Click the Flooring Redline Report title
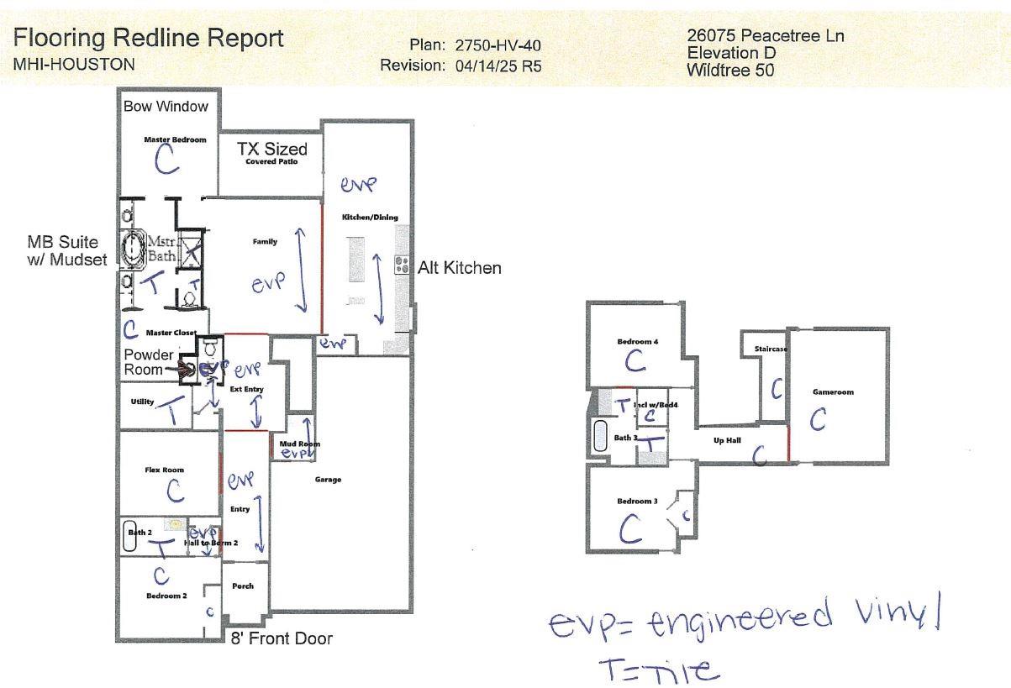pyautogui.click(x=149, y=39)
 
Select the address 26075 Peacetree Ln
pyautogui.click(x=765, y=35)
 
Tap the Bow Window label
pyautogui.click(x=166, y=107)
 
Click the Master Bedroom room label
pyautogui.click(x=175, y=139)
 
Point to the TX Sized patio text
pyautogui.click(x=271, y=149)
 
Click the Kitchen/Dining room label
pyautogui.click(x=370, y=218)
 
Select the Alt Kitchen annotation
pyautogui.click(x=460, y=268)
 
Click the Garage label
pyautogui.click(x=328, y=480)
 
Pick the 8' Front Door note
pyautogui.click(x=282, y=638)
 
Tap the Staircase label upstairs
pyautogui.click(x=770, y=349)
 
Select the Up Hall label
pyautogui.click(x=726, y=439)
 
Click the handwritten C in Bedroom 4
pyautogui.click(x=635, y=361)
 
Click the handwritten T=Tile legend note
pyautogui.click(x=659, y=669)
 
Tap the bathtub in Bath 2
pyautogui.click(x=129, y=538)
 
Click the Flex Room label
pyautogui.click(x=163, y=470)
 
